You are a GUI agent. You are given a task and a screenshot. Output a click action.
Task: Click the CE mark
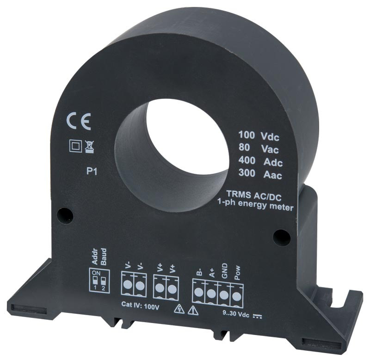[x=79, y=121]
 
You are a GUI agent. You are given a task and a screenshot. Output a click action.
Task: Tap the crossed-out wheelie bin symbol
[x=89, y=147]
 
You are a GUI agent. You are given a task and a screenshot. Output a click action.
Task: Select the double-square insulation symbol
[x=75, y=146]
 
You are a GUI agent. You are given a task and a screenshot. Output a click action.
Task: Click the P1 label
[x=92, y=171]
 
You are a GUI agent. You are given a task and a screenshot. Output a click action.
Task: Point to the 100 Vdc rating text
[x=259, y=136]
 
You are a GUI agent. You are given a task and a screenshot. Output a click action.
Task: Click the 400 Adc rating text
[x=260, y=161]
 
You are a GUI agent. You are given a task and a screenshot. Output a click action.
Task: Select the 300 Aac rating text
[x=260, y=174]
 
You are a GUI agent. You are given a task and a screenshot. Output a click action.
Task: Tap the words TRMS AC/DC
[x=254, y=195]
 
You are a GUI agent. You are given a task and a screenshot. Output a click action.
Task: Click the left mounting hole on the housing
[x=65, y=215]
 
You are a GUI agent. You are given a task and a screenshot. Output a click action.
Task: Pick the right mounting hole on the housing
[x=282, y=237]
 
